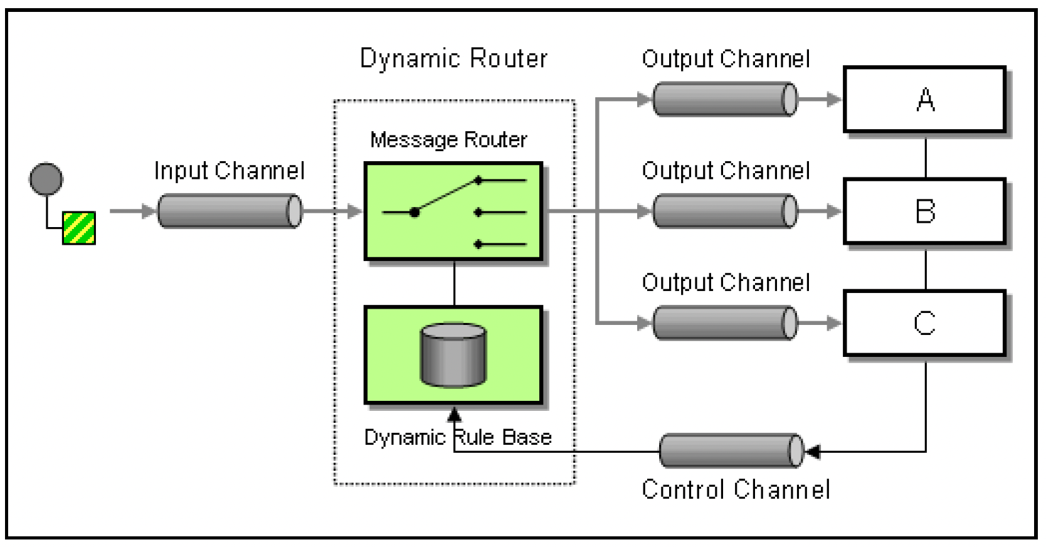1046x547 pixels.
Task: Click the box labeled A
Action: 924,100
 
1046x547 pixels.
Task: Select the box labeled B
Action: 924,211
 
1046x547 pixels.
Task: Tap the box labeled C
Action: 924,323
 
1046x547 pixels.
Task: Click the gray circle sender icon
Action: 46,179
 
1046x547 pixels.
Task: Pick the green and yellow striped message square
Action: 79,228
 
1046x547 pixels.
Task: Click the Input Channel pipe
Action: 230,211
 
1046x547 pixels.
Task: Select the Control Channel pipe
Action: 731,451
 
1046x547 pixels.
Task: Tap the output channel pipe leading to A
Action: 725,99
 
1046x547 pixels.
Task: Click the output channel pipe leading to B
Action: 725,211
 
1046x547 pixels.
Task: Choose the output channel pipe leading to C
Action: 725,323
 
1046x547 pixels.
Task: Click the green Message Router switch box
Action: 453,211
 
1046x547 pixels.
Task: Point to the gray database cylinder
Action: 453,356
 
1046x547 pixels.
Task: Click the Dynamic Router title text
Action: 453,59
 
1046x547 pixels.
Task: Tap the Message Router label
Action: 449,140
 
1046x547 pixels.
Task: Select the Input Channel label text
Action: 230,171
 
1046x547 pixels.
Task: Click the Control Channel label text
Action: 736,489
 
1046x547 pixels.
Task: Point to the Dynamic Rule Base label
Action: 458,438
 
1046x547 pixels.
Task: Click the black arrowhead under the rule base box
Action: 454,415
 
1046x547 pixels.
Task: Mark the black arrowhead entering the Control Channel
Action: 813,452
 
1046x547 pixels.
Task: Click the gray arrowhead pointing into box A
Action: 833,99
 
